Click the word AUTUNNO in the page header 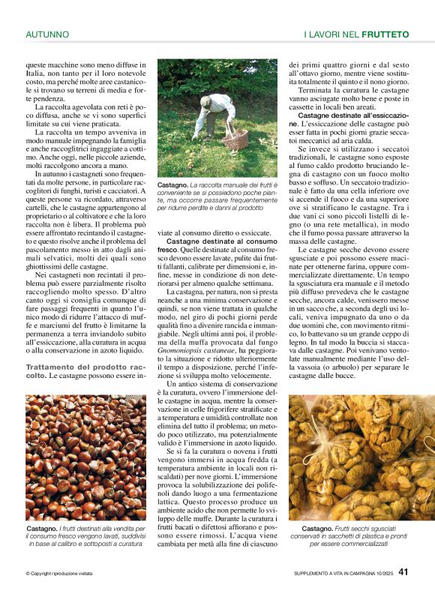(47, 34)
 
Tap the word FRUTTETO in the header (385, 34)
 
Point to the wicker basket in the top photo (236, 139)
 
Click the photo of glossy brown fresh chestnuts (85, 457)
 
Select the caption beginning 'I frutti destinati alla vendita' (85, 535)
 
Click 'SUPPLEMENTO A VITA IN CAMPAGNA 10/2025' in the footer (342, 574)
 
